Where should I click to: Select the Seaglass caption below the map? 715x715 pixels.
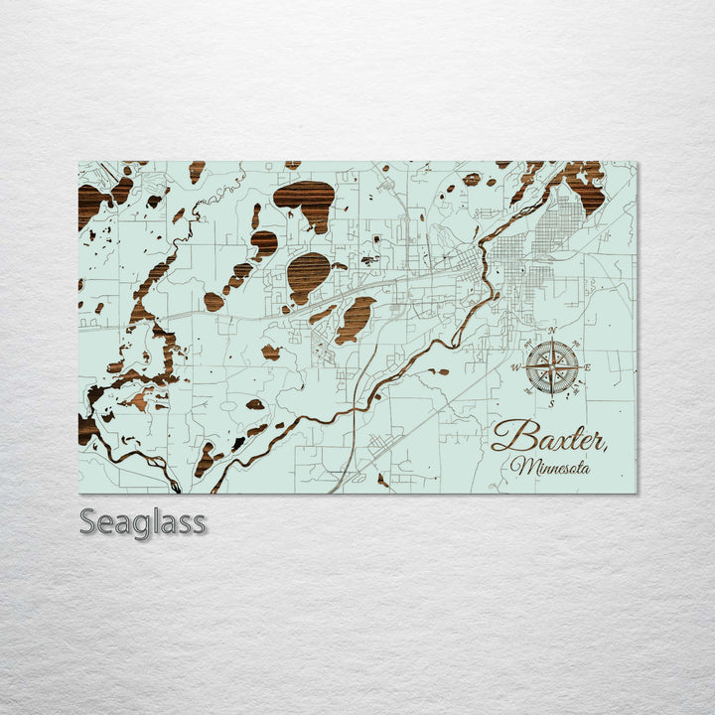tap(143, 521)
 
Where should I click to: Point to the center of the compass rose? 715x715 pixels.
tap(552, 366)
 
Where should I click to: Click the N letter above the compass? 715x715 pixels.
tap(552, 331)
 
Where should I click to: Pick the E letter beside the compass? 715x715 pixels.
tap(588, 367)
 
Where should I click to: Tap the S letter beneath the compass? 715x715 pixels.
tap(552, 402)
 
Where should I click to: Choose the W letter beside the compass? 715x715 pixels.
tap(515, 367)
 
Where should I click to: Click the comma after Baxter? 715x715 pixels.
tap(606, 446)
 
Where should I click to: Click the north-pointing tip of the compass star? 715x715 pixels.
tap(552, 342)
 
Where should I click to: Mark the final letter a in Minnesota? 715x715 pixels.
tap(586, 467)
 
